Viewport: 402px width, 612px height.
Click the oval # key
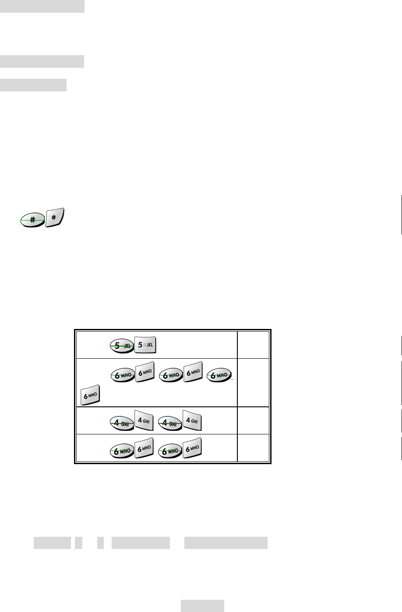pos(32,220)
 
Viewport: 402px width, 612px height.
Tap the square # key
pos(54,218)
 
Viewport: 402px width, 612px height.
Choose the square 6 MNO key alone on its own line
pos(90,395)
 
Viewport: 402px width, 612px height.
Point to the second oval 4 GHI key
pos(170,422)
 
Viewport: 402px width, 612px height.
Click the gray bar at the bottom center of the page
pos(203,606)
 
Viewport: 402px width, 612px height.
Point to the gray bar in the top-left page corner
pos(42,6)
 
